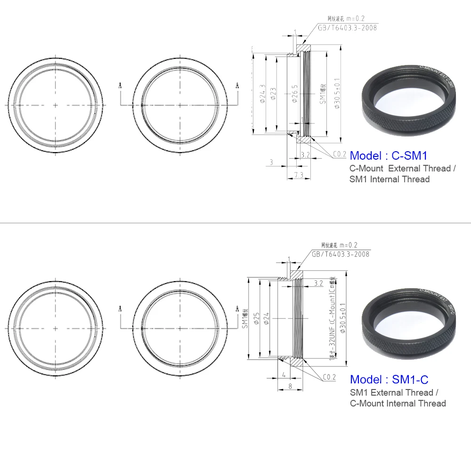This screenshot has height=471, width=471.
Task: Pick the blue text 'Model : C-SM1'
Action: (x=389, y=155)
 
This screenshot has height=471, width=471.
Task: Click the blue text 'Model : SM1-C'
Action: (x=389, y=379)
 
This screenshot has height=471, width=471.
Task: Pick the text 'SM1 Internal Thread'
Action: (x=390, y=179)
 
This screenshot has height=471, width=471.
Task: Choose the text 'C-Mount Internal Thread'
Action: (x=398, y=403)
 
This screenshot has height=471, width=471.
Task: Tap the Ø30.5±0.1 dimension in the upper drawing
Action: (x=336, y=94)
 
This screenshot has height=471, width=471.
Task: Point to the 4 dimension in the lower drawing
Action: (x=284, y=375)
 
